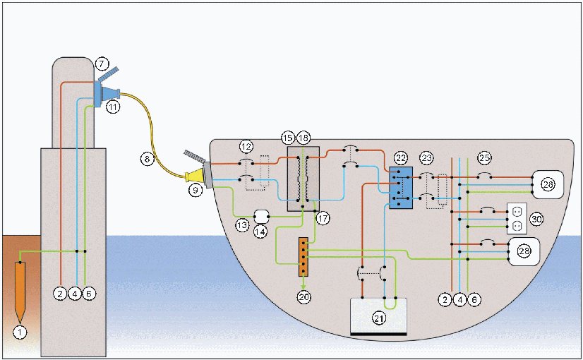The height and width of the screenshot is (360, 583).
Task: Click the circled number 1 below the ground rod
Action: tap(20, 332)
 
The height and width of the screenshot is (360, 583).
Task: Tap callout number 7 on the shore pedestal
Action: tap(101, 64)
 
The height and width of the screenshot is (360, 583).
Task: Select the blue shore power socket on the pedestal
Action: tap(97, 94)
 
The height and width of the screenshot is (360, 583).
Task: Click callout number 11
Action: tap(113, 107)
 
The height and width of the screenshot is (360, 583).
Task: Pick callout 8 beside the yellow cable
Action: tap(147, 159)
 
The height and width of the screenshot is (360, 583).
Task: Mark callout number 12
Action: tap(246, 147)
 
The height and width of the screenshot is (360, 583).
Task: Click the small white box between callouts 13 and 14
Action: tap(261, 217)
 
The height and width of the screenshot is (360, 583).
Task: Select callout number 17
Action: tap(323, 218)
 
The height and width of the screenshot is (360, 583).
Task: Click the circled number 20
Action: tap(303, 296)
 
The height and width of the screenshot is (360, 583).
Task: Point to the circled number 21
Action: tap(379, 318)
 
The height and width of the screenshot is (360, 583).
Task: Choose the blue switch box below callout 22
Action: tap(401, 188)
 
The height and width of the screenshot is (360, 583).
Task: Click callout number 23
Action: tap(426, 158)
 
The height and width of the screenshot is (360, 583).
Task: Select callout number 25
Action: tap(484, 158)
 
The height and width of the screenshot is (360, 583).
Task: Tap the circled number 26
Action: tap(548, 184)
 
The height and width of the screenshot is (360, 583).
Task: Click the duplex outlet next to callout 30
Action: tap(517, 218)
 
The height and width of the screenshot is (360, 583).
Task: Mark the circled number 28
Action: tap(524, 251)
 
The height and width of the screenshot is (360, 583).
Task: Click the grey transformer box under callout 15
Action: tap(303, 179)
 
